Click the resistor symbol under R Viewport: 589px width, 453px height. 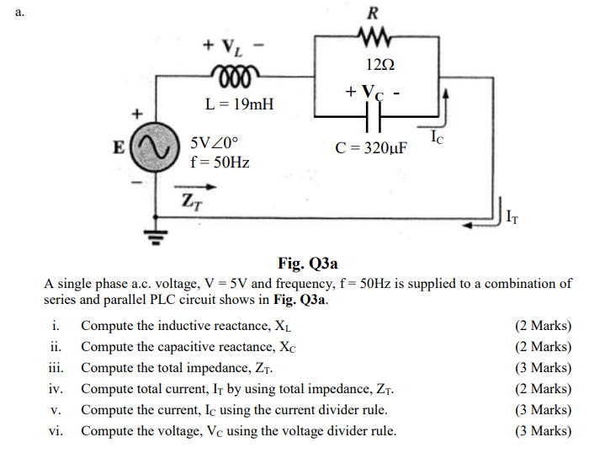coord(374,36)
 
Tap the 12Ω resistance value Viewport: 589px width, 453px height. coord(376,65)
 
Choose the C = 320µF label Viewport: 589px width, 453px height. coord(371,149)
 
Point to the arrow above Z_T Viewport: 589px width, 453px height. coord(190,189)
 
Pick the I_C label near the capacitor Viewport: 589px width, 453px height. coord(436,136)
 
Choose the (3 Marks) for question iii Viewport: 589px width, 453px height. coord(542,368)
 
